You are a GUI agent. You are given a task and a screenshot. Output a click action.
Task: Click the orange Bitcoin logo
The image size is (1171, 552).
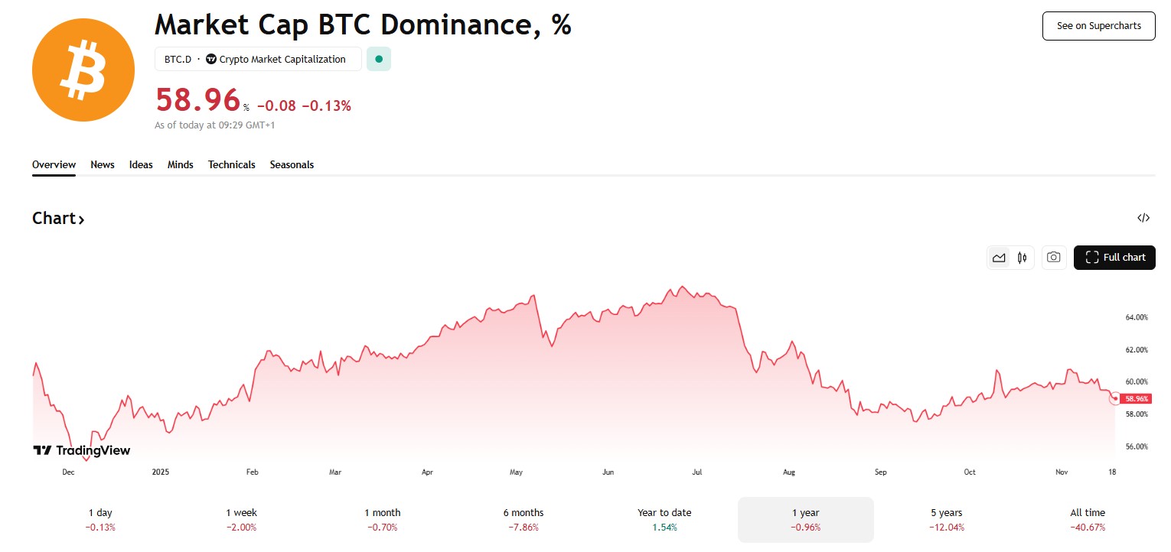83,70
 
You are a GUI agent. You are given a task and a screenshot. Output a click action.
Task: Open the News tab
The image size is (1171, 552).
103,164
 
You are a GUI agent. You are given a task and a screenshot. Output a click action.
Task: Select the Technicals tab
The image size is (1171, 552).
231,164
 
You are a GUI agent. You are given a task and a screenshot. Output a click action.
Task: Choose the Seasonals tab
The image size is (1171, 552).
292,164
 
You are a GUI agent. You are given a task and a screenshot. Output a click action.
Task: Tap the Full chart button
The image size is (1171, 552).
1114,258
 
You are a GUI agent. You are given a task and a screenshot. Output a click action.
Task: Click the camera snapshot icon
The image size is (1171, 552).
1053,258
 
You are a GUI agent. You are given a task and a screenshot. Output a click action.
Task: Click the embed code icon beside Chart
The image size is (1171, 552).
1143,218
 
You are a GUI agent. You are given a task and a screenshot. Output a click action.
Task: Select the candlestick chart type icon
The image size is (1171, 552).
1022,258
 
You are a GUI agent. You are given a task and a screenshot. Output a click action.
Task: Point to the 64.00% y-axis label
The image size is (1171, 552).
1136,317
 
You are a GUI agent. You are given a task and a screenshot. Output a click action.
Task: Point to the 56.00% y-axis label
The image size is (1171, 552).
1136,446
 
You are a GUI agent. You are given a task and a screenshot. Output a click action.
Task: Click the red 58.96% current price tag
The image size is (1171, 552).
1137,398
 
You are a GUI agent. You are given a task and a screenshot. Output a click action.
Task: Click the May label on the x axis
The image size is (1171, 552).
516,472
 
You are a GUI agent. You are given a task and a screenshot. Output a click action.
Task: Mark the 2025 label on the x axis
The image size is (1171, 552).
160,472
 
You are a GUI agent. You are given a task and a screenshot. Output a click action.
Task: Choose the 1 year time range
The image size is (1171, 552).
805,519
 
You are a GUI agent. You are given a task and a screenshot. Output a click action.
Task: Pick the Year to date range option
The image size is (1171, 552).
664,519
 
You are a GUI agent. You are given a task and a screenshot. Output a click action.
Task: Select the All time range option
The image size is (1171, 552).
1088,519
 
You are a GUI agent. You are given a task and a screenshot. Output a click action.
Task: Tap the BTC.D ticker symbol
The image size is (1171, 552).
178,59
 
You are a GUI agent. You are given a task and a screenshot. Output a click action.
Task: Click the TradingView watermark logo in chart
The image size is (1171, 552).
81,450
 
